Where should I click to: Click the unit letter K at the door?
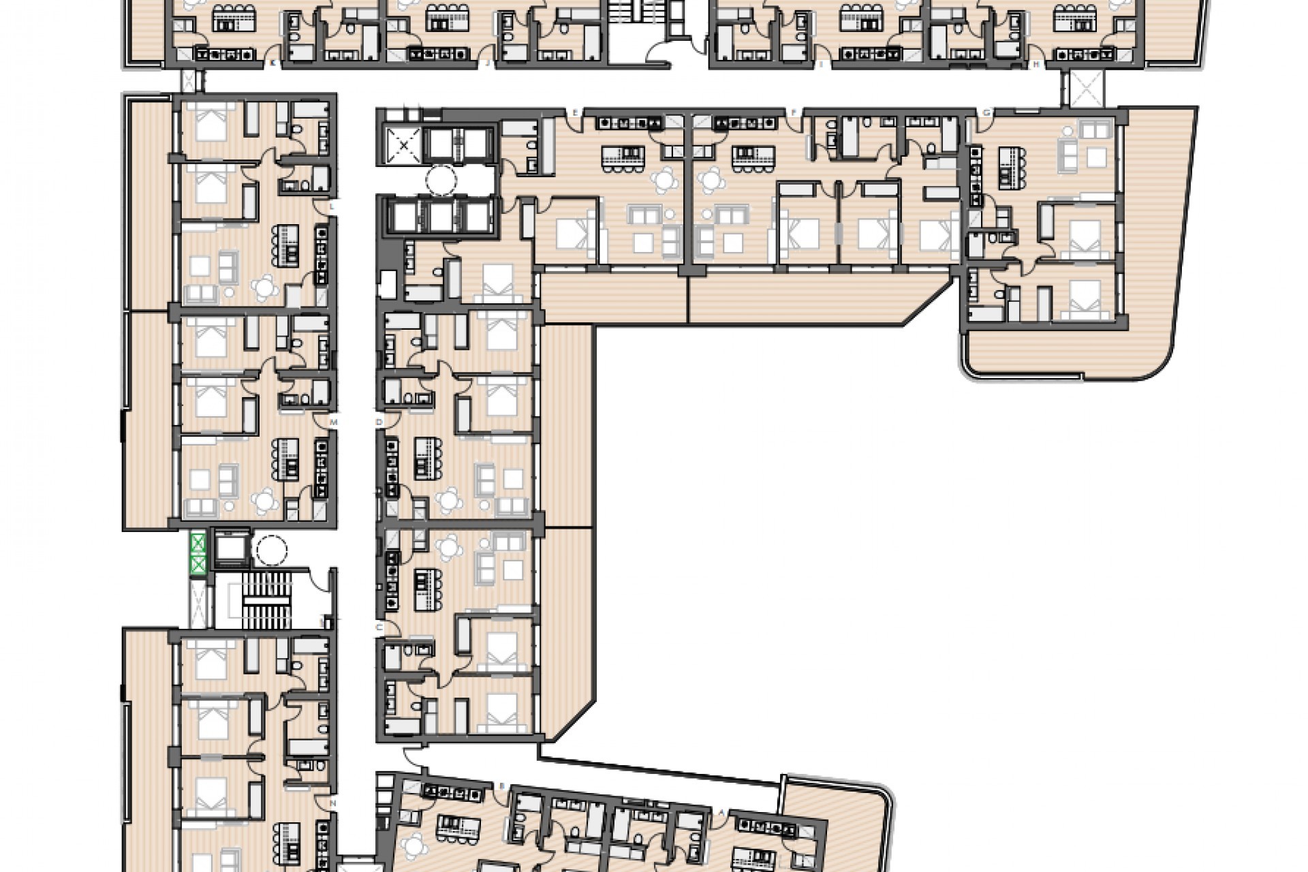click(x=273, y=63)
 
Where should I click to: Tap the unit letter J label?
click(x=488, y=63)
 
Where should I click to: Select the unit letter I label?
click(x=822, y=63)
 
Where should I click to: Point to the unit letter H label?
click(x=1036, y=63)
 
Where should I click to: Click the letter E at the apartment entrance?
click(x=576, y=112)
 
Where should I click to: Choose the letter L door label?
click(x=332, y=206)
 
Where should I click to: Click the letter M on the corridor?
click(x=333, y=422)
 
